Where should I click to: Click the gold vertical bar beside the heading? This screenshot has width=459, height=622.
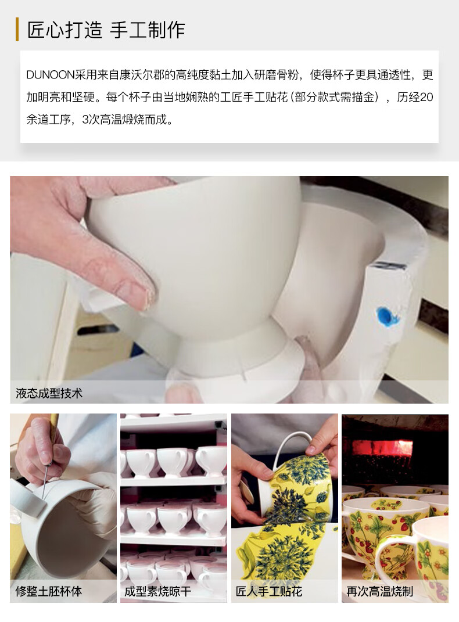tap(17, 30)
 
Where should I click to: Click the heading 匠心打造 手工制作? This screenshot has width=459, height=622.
tap(106, 30)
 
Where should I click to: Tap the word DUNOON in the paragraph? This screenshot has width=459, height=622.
tap(51, 74)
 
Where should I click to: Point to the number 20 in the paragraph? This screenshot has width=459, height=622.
tap(426, 97)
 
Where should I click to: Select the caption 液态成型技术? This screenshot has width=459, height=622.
tap(49, 393)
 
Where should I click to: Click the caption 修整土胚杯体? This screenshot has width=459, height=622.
tap(49, 591)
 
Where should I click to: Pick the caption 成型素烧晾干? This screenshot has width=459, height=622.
tap(158, 591)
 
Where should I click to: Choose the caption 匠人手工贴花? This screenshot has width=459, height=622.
tap(269, 591)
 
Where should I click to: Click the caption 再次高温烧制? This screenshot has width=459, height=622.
tap(379, 591)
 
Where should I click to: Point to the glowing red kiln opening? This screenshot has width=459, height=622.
tap(382, 448)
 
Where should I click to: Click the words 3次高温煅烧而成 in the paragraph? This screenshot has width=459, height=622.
tap(127, 119)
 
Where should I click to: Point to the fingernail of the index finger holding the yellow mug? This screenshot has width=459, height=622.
tap(311, 450)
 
